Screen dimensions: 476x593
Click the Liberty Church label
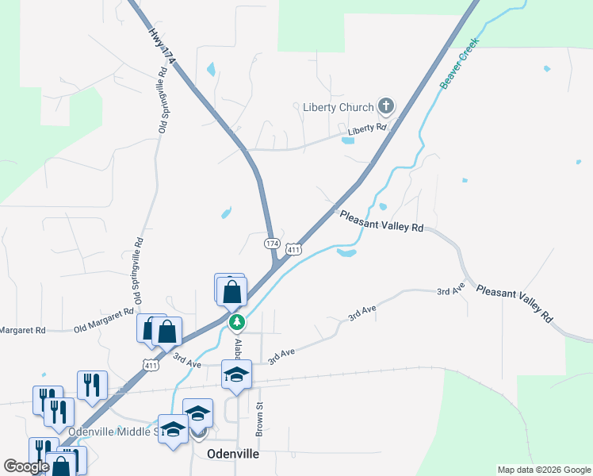pyautogui.click(x=338, y=107)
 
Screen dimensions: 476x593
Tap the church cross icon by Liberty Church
pyautogui.click(x=385, y=106)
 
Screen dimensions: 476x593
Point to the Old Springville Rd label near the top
pyautogui.click(x=164, y=99)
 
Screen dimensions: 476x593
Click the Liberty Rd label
pyautogui.click(x=366, y=128)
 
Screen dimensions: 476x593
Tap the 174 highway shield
pyautogui.click(x=272, y=243)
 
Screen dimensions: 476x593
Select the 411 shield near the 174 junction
pyautogui.click(x=293, y=250)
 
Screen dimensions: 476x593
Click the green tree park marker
pyautogui.click(x=236, y=323)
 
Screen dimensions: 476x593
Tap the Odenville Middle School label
pyautogui.click(x=119, y=432)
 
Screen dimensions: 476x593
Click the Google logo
pyautogui.click(x=26, y=466)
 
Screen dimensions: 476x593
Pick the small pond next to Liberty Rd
pyautogui.click(x=347, y=141)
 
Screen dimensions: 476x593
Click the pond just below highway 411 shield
pyautogui.click(x=346, y=253)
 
